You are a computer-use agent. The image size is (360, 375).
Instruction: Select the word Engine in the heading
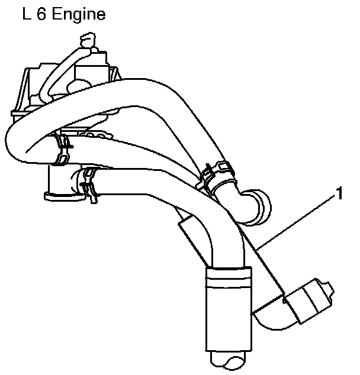(77, 15)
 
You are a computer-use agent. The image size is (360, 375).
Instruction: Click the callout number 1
(339, 192)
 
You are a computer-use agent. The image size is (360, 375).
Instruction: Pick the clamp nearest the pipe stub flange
(89, 181)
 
